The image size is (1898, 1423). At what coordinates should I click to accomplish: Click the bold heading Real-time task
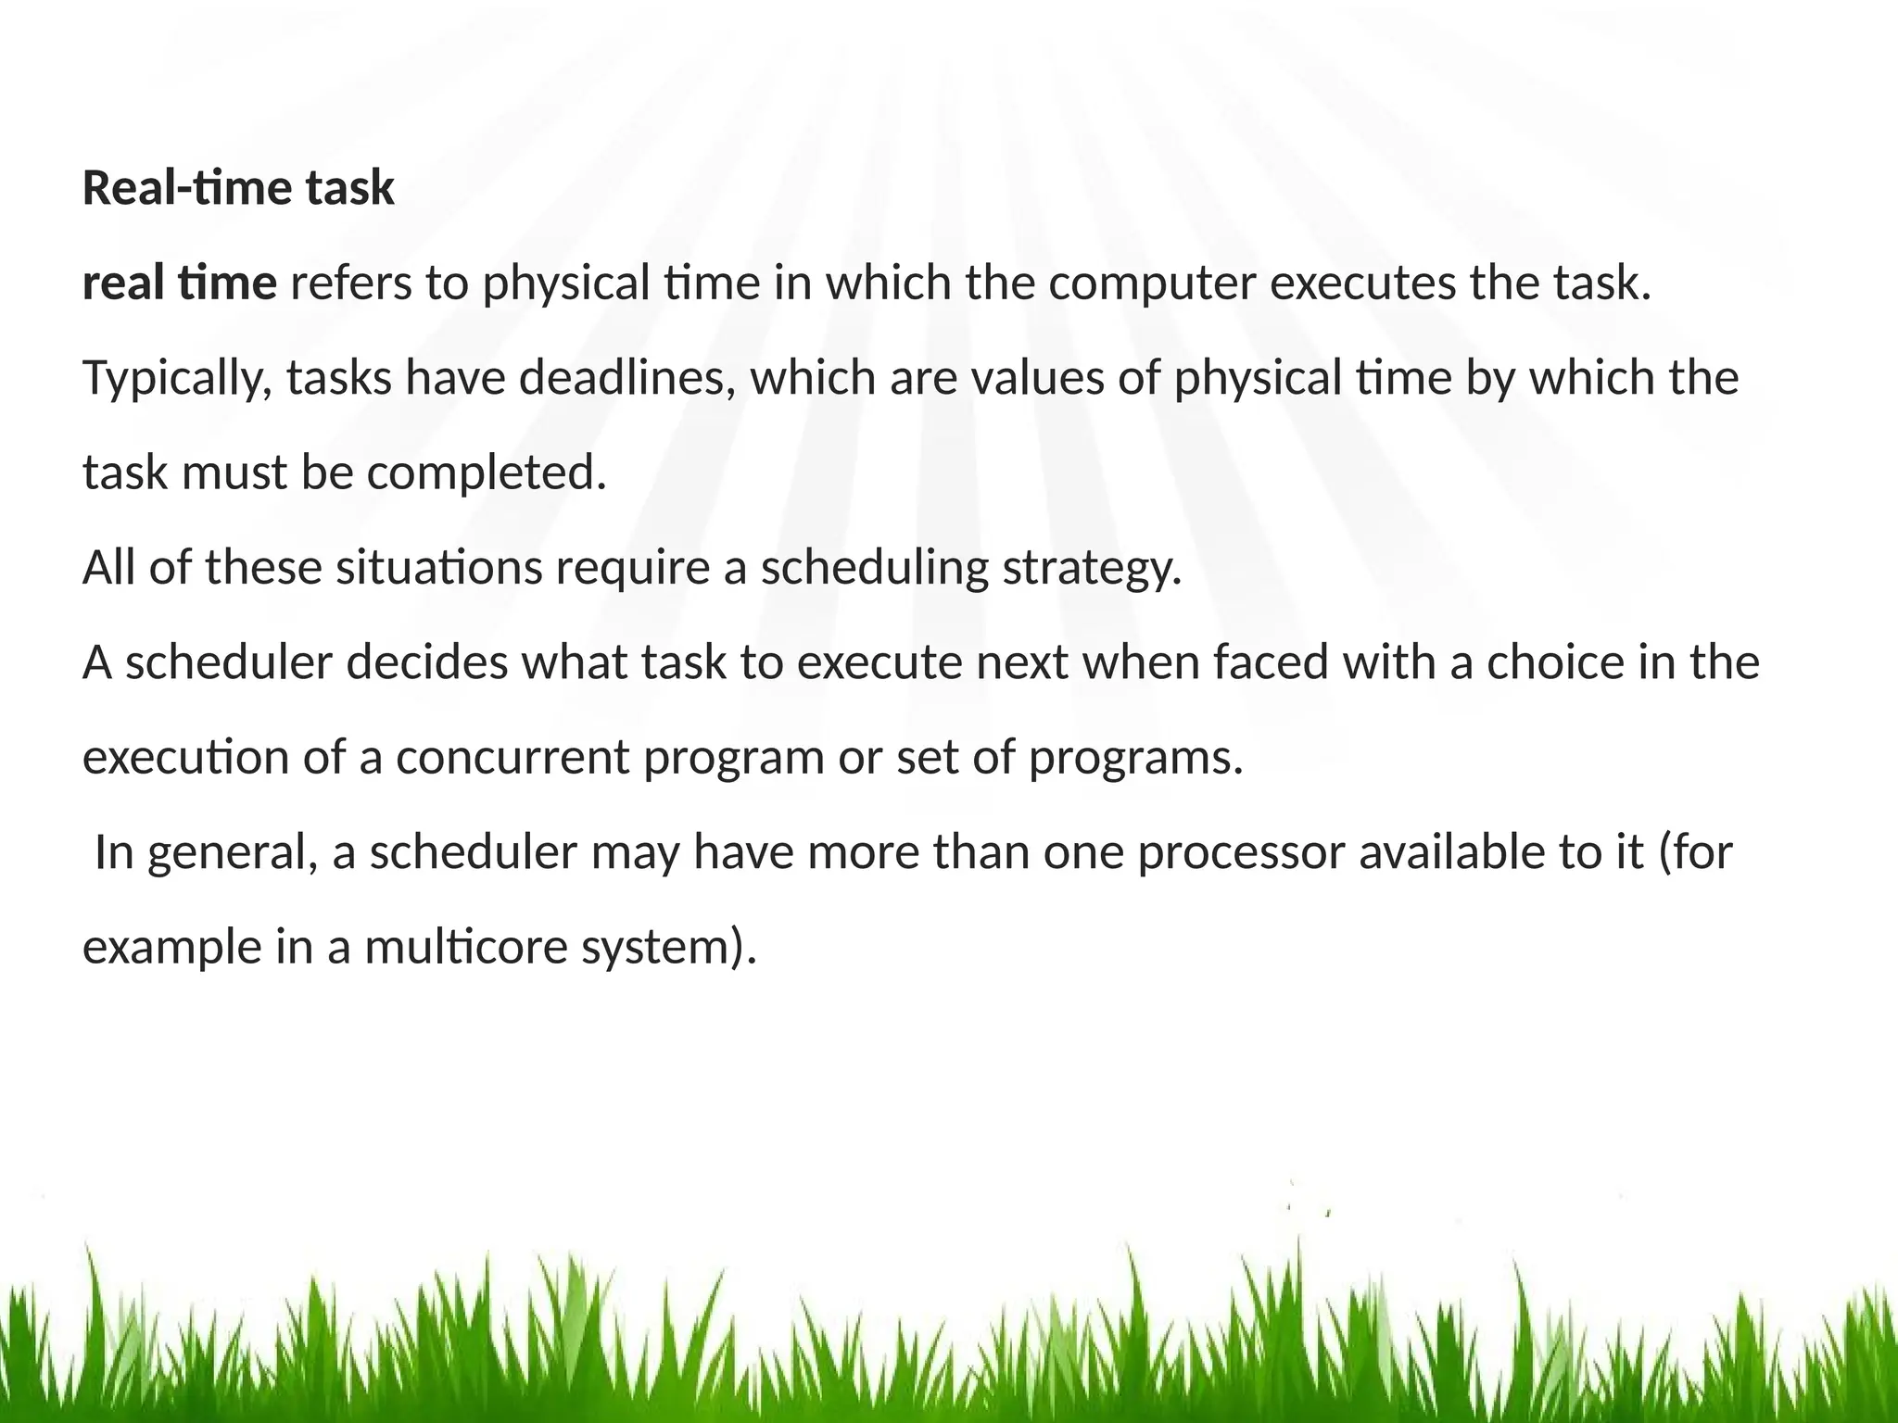pyautogui.click(x=238, y=188)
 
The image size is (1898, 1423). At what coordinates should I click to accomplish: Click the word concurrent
pyautogui.click(x=512, y=757)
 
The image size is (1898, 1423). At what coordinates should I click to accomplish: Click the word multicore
pyautogui.click(x=464, y=947)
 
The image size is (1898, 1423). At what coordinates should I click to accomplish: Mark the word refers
pyautogui.click(x=351, y=283)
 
